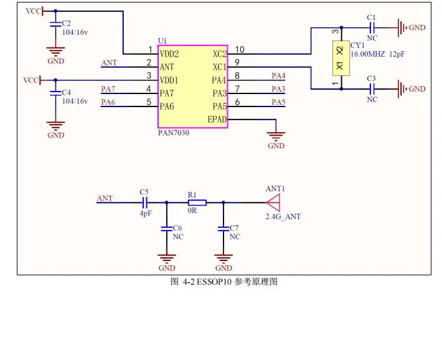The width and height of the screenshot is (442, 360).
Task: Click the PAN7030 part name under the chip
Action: (173, 133)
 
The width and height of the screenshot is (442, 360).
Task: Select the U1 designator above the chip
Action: (162, 41)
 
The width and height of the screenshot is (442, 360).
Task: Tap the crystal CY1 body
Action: (341, 59)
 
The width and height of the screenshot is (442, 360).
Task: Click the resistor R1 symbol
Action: (197, 202)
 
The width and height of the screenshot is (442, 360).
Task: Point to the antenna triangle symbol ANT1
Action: (273, 202)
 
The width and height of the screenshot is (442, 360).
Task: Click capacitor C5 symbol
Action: (144, 202)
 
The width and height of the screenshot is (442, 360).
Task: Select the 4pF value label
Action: (146, 213)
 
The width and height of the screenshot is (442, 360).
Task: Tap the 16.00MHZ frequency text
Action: (367, 54)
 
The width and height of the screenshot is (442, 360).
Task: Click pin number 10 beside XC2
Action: (240, 50)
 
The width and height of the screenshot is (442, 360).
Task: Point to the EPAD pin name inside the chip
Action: (217, 120)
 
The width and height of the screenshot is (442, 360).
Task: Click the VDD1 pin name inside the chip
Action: (169, 80)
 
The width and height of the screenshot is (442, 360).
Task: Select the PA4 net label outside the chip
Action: (278, 76)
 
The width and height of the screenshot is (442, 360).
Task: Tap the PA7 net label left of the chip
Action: (108, 89)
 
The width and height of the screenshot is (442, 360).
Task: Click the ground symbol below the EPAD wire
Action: (276, 136)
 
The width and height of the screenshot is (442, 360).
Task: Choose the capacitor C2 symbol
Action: (55, 24)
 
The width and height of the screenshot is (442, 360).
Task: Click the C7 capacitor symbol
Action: (223, 228)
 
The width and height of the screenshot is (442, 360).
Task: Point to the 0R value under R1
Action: (192, 211)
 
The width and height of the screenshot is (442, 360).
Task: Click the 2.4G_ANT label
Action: (283, 217)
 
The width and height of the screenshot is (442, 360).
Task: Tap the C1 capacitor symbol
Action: (372, 28)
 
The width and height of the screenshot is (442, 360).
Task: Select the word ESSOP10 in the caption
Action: (214, 282)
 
